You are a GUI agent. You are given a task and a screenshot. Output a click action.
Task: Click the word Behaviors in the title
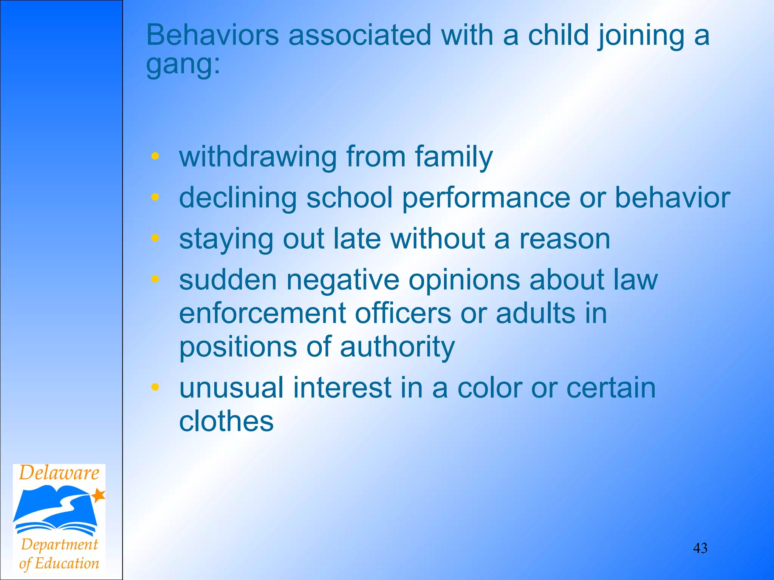212,35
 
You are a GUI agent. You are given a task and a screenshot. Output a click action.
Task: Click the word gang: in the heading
183,64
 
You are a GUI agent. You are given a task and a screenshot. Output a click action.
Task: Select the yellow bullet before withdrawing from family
155,156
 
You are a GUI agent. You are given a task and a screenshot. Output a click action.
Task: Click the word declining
238,198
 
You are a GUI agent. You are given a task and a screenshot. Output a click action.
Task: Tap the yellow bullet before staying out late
155,238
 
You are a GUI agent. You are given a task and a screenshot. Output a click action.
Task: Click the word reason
565,239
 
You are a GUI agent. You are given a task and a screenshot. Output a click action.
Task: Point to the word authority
397,347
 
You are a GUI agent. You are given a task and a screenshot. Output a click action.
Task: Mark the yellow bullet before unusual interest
155,387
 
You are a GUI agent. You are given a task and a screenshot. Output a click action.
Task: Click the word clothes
226,421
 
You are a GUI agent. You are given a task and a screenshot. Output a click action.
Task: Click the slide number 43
700,548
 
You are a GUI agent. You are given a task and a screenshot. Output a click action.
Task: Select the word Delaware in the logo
59,473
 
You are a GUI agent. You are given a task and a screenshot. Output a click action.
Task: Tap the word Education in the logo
67,563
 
